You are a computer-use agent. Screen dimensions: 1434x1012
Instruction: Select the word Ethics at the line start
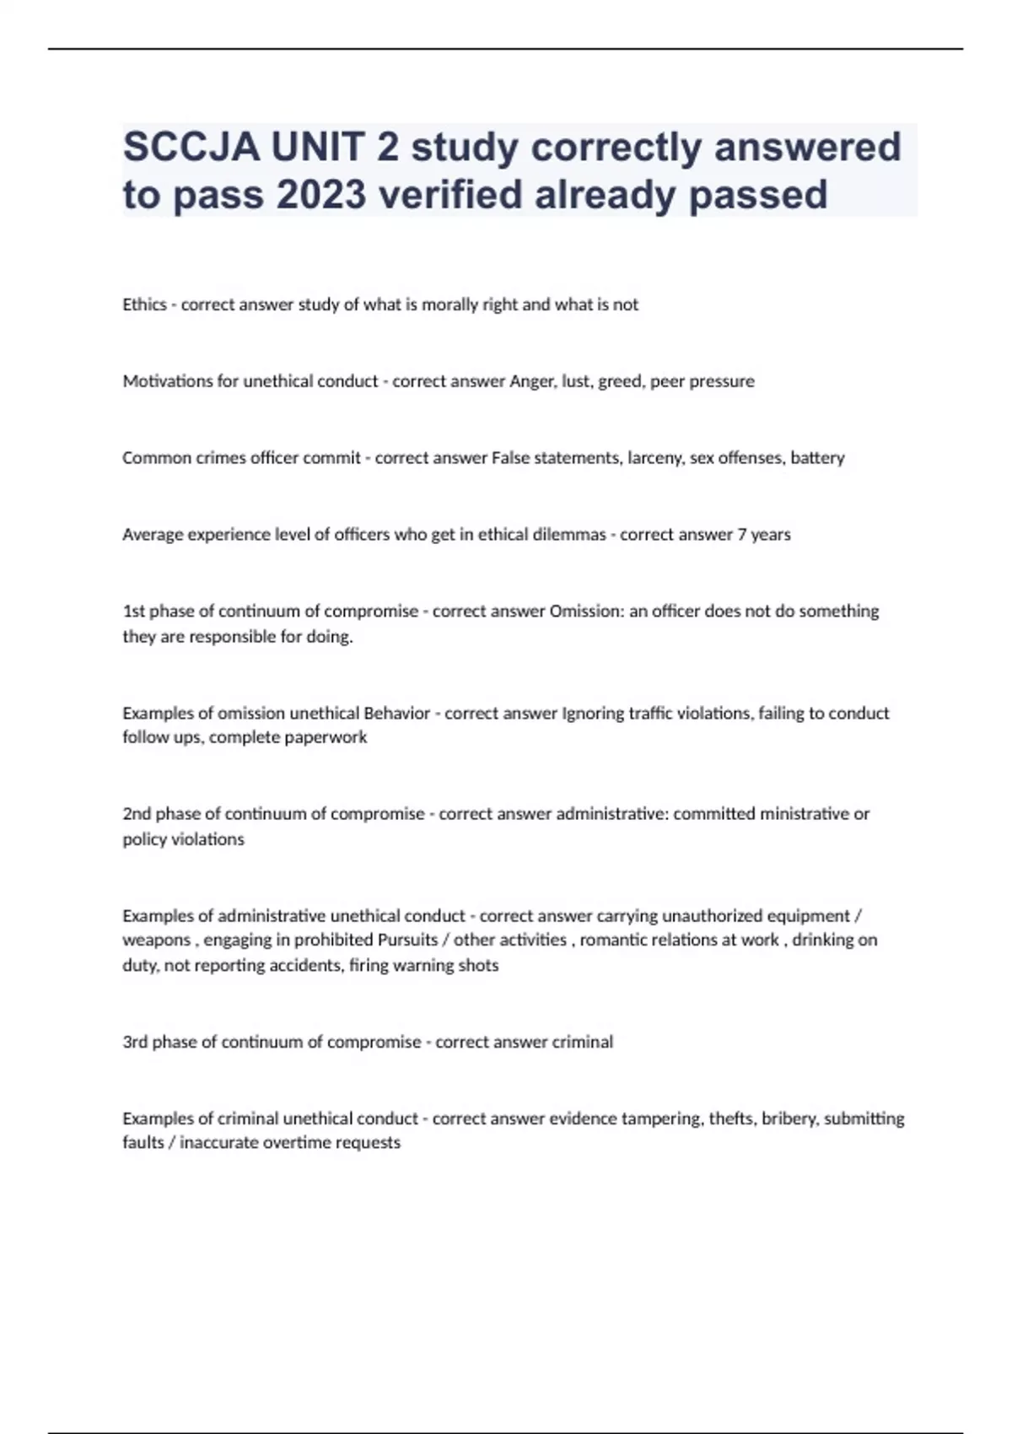tap(144, 305)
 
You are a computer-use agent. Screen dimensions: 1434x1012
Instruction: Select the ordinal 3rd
tap(135, 1042)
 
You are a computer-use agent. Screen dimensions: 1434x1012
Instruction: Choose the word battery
tap(817, 458)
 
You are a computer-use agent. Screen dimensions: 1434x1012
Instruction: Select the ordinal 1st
tap(133, 612)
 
